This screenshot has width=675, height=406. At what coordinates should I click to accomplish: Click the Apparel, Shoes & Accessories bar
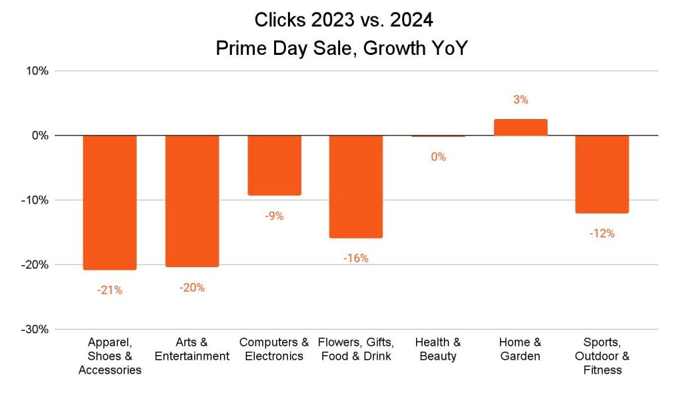tap(110, 202)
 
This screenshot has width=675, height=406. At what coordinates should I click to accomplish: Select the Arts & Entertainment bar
tap(192, 201)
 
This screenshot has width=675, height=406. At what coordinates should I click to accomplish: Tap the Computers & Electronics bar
tap(274, 165)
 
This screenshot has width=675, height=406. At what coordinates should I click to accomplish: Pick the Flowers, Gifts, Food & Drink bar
tap(356, 186)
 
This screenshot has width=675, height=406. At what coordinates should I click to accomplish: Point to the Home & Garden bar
tap(520, 128)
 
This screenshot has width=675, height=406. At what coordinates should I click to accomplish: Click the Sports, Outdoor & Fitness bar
tap(602, 174)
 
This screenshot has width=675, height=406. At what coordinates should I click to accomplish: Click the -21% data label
tap(110, 290)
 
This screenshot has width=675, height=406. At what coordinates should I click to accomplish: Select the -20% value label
tap(192, 288)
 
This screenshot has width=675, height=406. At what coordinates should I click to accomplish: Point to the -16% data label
tap(356, 258)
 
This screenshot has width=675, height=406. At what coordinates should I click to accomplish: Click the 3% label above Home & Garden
tap(520, 100)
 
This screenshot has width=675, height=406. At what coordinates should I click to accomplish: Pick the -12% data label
tap(602, 233)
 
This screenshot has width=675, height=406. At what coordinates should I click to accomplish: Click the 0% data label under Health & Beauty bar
tap(438, 157)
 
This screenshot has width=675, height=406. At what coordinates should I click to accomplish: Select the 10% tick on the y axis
tap(37, 71)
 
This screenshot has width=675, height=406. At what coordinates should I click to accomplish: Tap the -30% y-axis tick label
tap(34, 329)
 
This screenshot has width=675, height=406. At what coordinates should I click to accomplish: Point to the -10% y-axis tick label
tap(34, 200)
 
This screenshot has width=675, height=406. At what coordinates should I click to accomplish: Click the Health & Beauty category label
tap(438, 349)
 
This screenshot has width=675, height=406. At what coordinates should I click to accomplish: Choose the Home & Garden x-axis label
tap(520, 349)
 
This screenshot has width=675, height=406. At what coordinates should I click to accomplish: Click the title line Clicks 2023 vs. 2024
tap(343, 20)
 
